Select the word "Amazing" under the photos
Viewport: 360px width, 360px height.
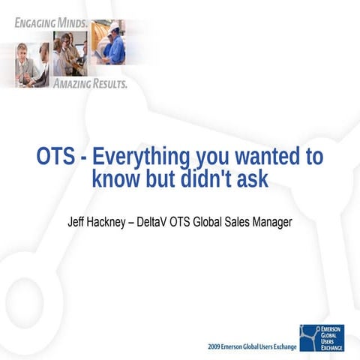coord(73,83)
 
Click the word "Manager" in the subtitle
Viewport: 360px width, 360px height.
coord(269,222)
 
